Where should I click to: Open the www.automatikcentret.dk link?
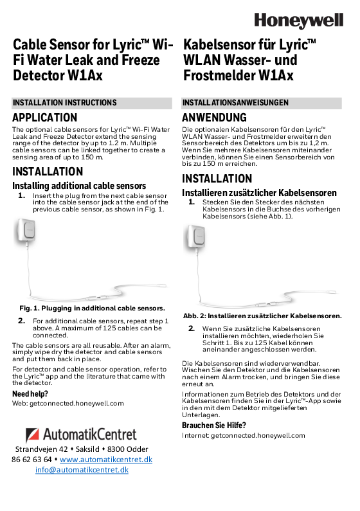click(x=105, y=460)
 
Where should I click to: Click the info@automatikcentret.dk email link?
click(x=82, y=470)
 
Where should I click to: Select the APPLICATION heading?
click(x=45, y=118)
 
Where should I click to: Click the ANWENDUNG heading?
click(x=214, y=118)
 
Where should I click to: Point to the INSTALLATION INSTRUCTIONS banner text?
click(x=65, y=103)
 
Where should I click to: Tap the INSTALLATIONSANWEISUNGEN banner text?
click(x=235, y=103)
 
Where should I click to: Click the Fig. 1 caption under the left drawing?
click(x=92, y=309)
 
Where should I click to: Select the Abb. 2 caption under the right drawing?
click(x=262, y=316)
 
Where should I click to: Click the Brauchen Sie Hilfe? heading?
click(x=214, y=426)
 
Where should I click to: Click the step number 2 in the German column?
click(x=192, y=328)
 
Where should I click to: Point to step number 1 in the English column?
click(x=22, y=195)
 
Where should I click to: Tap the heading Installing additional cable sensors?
click(x=79, y=186)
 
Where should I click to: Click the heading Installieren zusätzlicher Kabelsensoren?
click(x=259, y=192)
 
